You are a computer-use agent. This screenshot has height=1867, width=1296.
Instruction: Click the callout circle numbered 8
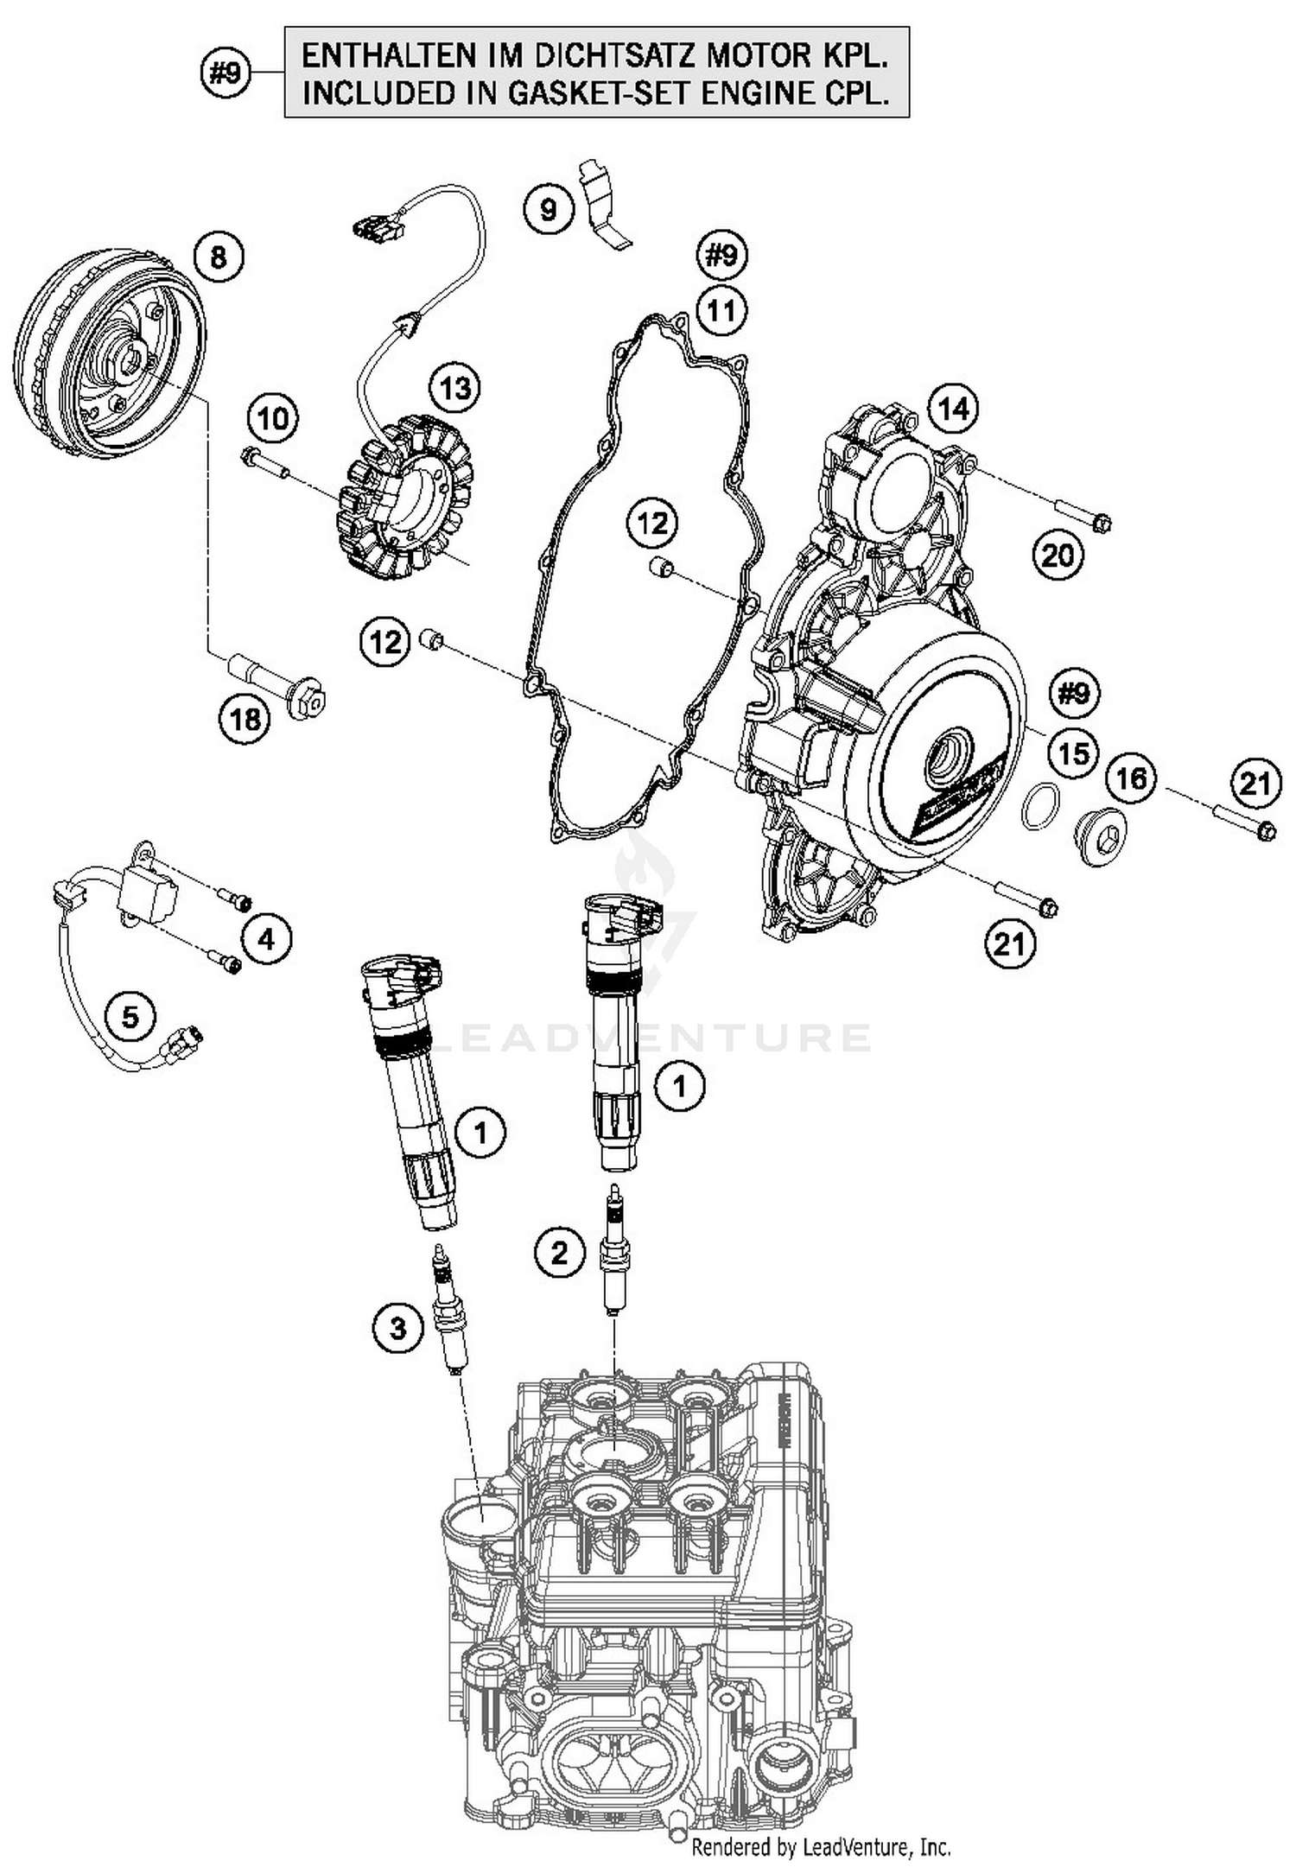point(219,257)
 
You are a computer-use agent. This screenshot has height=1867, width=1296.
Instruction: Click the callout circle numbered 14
point(954,409)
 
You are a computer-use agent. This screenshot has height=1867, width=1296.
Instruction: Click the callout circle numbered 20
point(1058,556)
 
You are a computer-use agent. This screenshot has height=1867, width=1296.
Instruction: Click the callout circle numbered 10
point(273,419)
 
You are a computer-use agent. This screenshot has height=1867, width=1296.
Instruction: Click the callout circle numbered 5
point(130,1016)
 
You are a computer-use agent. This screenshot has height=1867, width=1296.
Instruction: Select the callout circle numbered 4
point(267,938)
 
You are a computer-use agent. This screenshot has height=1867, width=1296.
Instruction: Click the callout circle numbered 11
point(721,309)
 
